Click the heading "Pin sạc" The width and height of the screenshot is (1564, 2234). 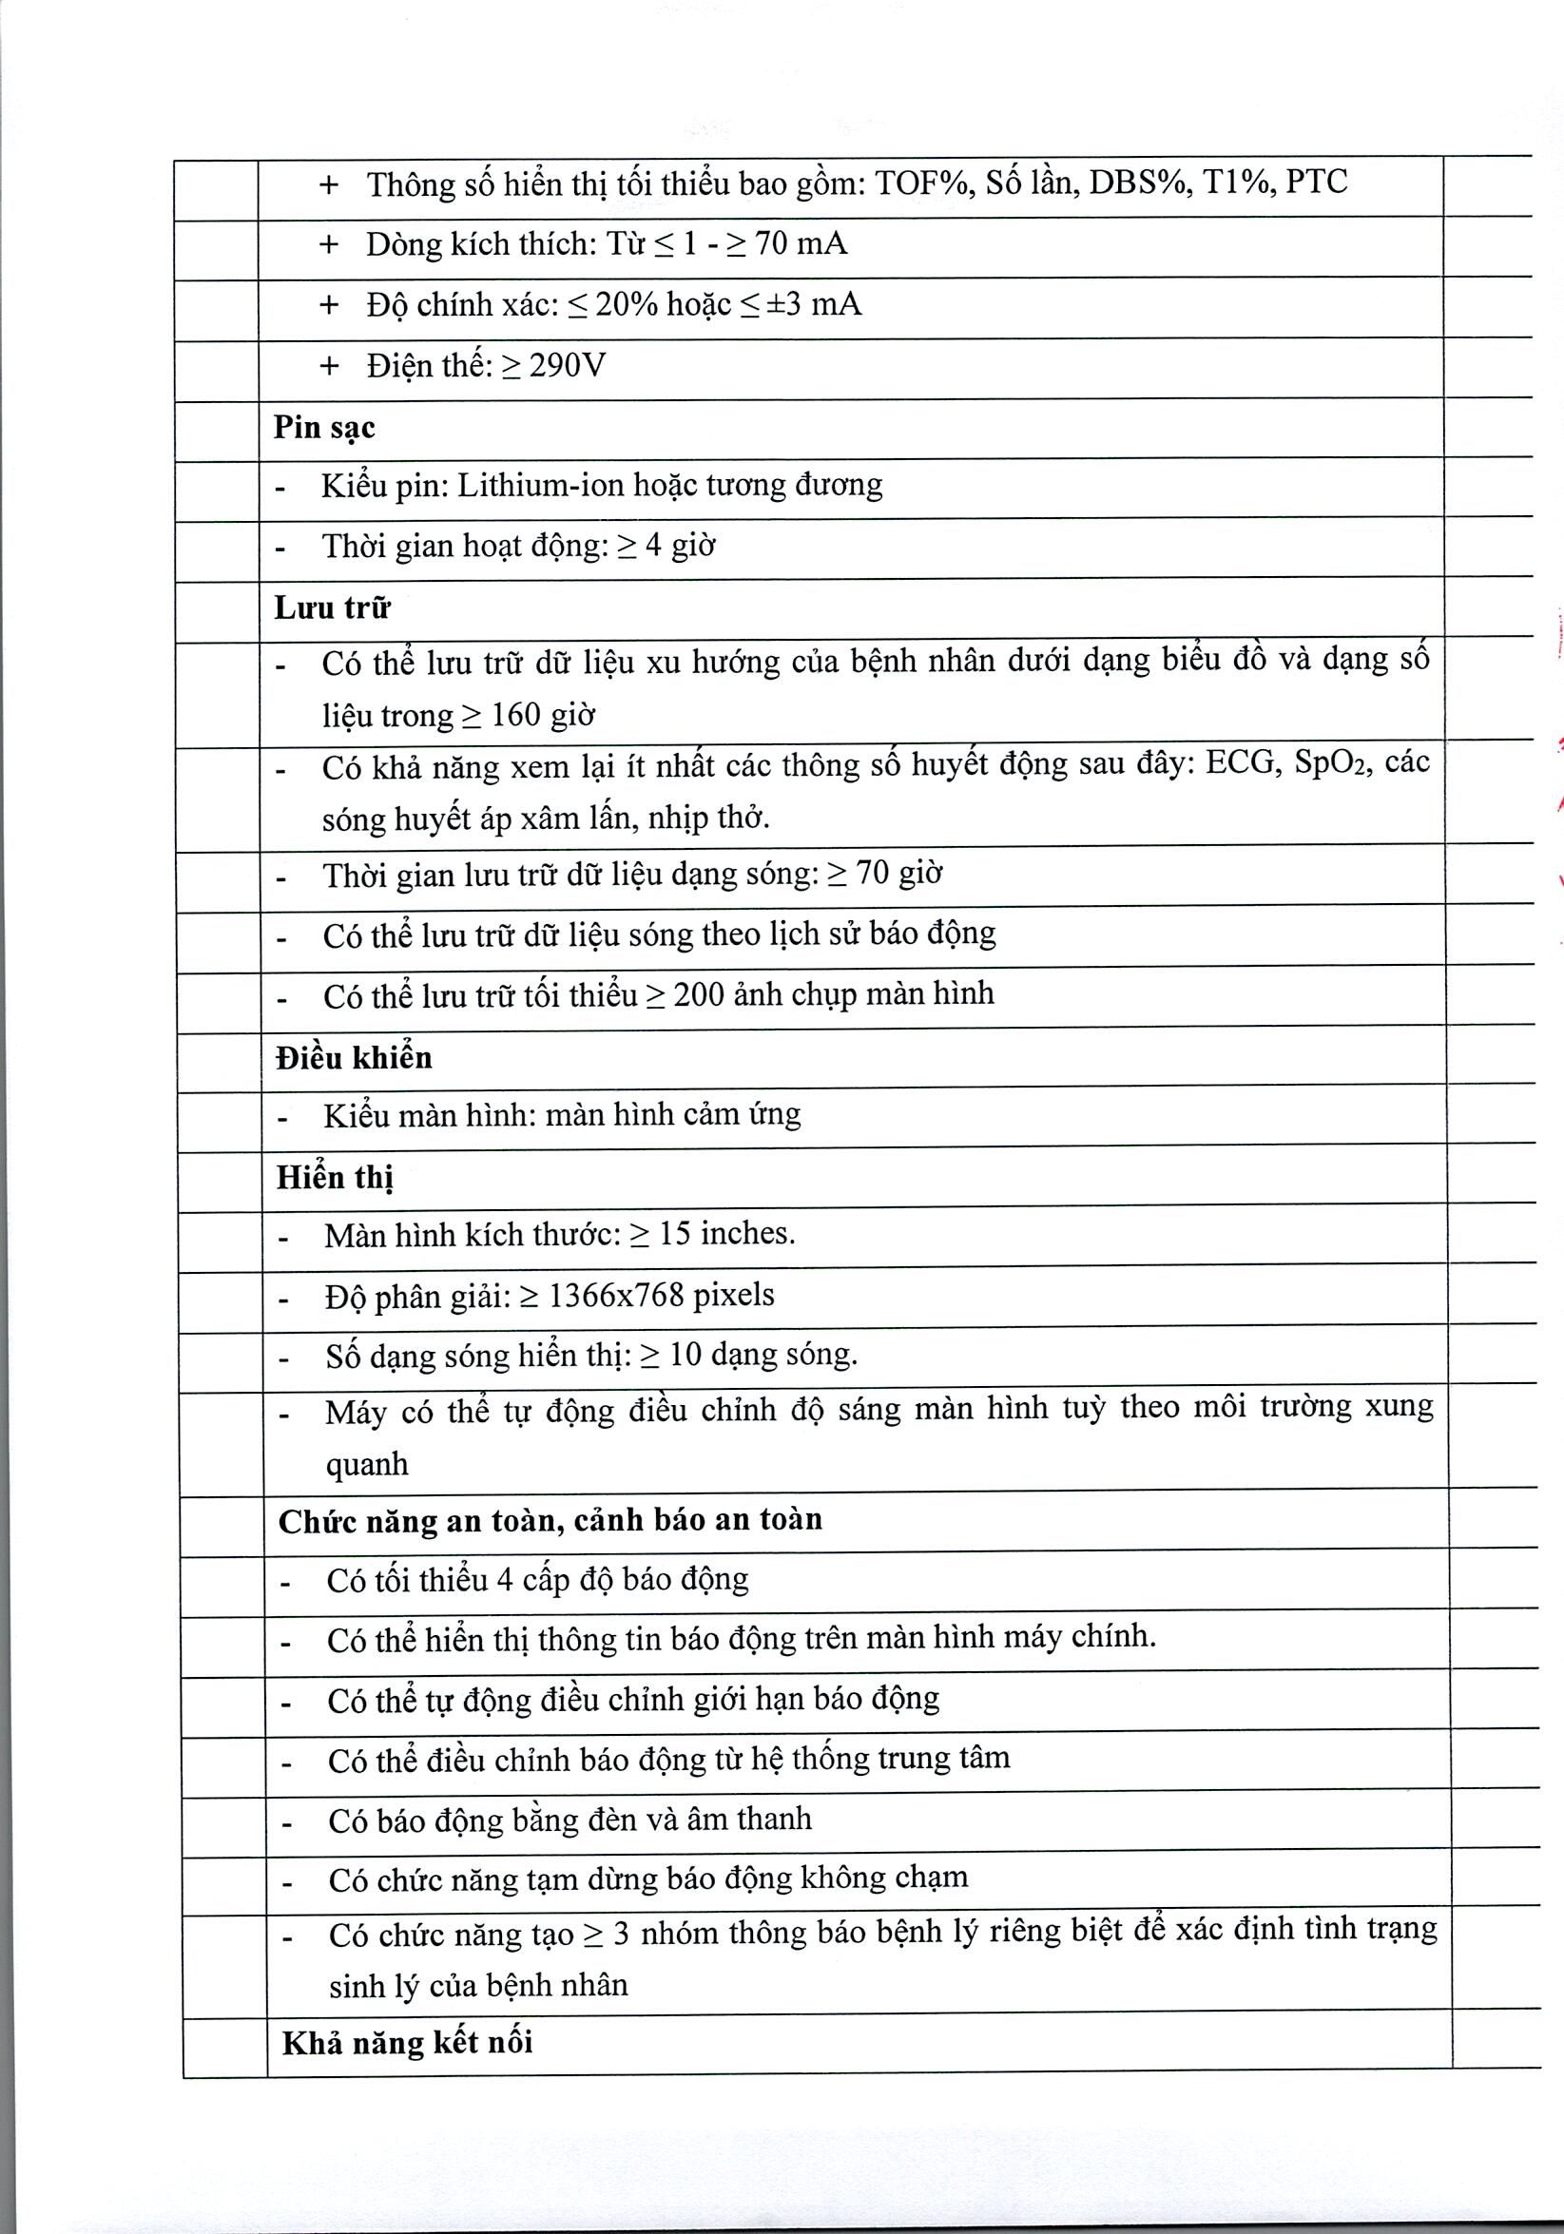click(x=324, y=428)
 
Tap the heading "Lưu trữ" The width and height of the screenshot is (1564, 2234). click(x=332, y=608)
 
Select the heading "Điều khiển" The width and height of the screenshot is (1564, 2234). click(x=354, y=1058)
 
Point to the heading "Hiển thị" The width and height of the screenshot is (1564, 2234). click(x=335, y=1177)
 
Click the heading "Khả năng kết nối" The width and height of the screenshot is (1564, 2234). click(x=408, y=2042)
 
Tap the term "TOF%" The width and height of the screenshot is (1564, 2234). click(x=922, y=183)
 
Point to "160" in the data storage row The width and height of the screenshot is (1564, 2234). click(x=516, y=715)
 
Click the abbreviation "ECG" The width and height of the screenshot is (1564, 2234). click(x=1240, y=761)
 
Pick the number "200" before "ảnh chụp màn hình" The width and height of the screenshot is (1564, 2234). click(x=699, y=994)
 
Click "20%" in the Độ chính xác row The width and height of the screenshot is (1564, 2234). click(x=627, y=304)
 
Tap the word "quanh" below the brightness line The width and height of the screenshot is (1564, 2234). click(x=367, y=1464)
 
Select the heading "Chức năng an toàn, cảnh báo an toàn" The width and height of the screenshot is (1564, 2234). click(x=550, y=1520)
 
